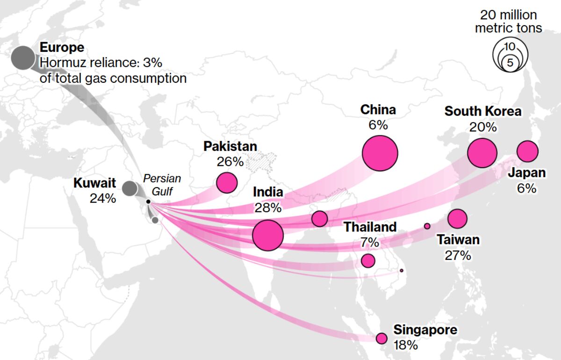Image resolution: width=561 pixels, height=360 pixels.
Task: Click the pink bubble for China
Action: tap(380, 153)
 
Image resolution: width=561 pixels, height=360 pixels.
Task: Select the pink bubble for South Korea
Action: tap(482, 153)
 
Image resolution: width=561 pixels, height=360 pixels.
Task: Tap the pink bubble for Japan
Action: tap(527, 151)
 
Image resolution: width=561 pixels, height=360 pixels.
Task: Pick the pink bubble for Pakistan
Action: tap(227, 183)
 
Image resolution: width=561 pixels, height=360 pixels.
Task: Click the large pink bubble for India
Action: tap(268, 235)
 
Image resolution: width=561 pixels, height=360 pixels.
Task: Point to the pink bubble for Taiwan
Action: tap(457, 218)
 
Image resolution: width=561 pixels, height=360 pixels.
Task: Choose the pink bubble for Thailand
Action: tap(368, 260)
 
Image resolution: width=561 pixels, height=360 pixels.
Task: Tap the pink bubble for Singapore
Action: tap(381, 338)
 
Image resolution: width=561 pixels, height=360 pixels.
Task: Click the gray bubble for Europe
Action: tap(23, 58)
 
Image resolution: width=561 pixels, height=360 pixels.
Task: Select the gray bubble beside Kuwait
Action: tap(129, 189)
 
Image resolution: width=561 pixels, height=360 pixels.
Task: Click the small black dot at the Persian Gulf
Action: tap(148, 202)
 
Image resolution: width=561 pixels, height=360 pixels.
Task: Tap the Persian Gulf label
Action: tap(162, 184)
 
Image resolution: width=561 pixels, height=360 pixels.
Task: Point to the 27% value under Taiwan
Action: tap(458, 255)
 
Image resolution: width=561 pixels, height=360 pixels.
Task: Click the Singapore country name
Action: tap(425, 330)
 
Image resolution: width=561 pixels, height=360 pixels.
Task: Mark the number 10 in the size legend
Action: tap(510, 46)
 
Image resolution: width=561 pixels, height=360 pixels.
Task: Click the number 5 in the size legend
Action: tap(510, 63)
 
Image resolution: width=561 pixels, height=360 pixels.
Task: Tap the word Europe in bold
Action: tap(62, 48)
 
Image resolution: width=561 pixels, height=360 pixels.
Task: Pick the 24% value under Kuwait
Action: tap(102, 198)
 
